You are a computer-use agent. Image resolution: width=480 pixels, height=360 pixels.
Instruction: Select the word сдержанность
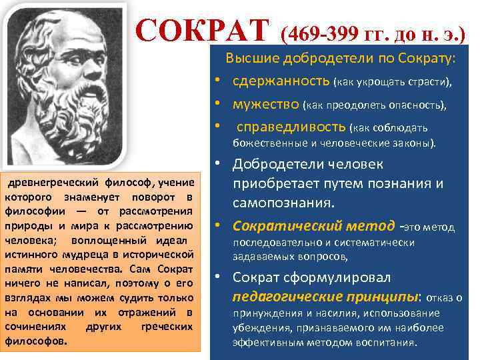(x=281, y=81)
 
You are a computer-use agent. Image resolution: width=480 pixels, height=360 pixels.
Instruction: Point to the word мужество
(x=265, y=104)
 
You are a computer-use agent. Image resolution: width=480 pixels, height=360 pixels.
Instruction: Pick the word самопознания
(x=283, y=201)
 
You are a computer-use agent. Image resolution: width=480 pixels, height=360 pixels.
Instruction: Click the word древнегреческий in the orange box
(x=47, y=182)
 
